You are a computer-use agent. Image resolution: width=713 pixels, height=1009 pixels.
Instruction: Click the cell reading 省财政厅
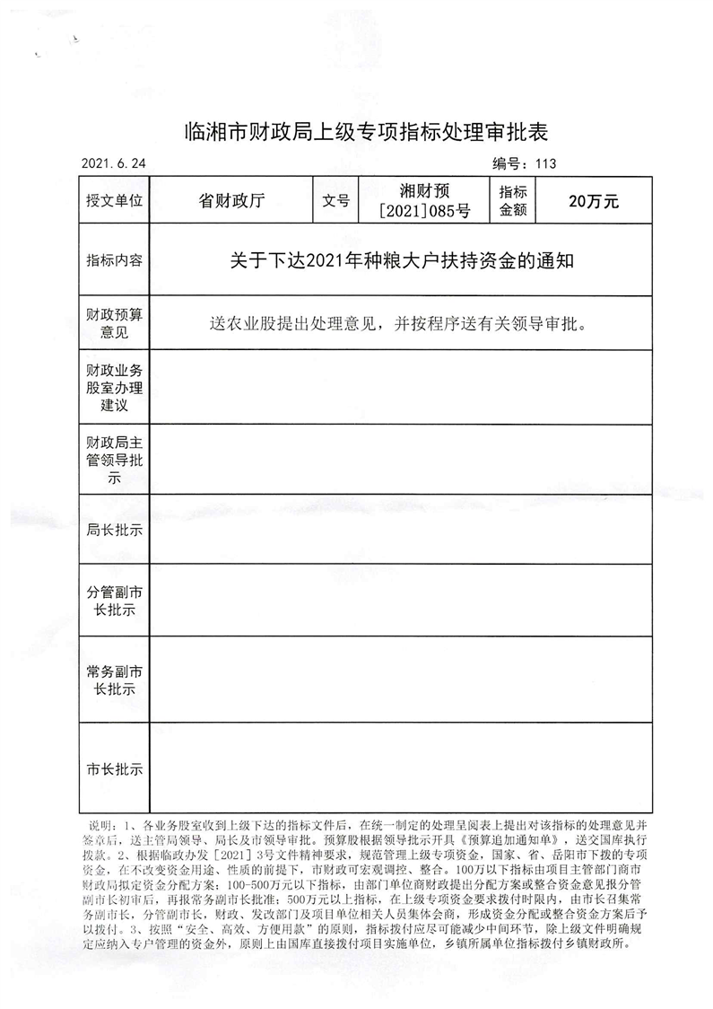tap(231, 202)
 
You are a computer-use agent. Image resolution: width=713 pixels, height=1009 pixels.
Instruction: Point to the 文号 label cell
tap(335, 202)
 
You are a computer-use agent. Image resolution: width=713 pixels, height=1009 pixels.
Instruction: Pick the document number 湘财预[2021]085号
tap(425, 202)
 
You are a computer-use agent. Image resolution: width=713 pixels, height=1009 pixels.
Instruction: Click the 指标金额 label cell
tap(512, 202)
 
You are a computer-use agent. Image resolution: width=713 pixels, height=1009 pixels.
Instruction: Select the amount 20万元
tap(594, 202)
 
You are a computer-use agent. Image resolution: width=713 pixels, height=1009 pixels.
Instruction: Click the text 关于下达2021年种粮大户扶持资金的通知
tap(401, 260)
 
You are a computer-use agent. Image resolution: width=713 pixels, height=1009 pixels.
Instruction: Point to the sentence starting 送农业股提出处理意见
tap(401, 321)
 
